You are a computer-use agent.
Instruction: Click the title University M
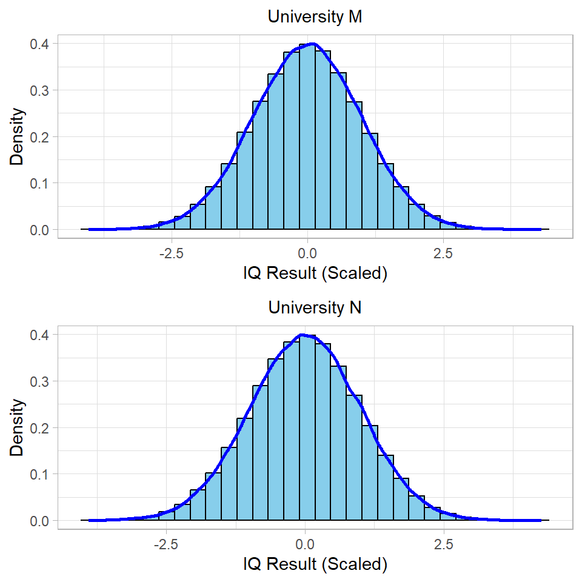click(315, 17)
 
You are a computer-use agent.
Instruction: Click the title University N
click(315, 307)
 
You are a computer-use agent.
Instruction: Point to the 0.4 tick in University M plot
click(41, 44)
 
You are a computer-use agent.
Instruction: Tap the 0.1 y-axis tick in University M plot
click(41, 183)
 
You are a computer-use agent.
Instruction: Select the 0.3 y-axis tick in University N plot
click(41, 381)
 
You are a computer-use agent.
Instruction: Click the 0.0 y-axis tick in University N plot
click(41, 521)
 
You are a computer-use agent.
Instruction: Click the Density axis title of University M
click(18, 136)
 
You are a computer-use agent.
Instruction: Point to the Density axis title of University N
click(18, 427)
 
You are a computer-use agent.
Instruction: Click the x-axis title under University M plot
click(315, 273)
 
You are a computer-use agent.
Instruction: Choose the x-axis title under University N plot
click(315, 564)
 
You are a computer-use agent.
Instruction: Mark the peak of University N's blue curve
click(303, 335)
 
